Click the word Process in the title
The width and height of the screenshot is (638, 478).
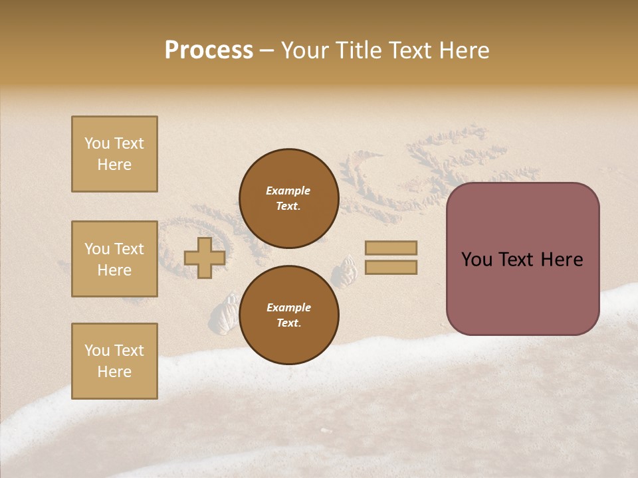(x=209, y=50)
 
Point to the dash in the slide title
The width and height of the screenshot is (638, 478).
(x=266, y=52)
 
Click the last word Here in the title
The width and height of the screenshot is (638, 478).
(x=465, y=50)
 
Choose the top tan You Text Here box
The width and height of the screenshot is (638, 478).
(x=114, y=154)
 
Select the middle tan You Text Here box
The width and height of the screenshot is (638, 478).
(x=114, y=259)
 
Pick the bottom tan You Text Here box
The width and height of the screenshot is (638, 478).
(x=114, y=361)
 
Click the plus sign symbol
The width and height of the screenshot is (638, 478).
(x=205, y=258)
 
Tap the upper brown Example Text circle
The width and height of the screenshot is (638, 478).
(x=288, y=199)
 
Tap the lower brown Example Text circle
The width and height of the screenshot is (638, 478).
(x=288, y=315)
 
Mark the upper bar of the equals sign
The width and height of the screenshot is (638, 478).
(x=391, y=248)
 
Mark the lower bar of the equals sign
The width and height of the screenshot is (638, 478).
(x=391, y=268)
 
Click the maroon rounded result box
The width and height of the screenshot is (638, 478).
(x=522, y=259)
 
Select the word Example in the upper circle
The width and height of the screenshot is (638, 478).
(x=288, y=191)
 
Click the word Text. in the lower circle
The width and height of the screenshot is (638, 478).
(x=288, y=323)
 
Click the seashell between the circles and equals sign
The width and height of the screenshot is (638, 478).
(x=346, y=273)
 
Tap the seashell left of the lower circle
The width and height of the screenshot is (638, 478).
(x=226, y=313)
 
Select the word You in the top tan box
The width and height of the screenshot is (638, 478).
(x=97, y=143)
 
